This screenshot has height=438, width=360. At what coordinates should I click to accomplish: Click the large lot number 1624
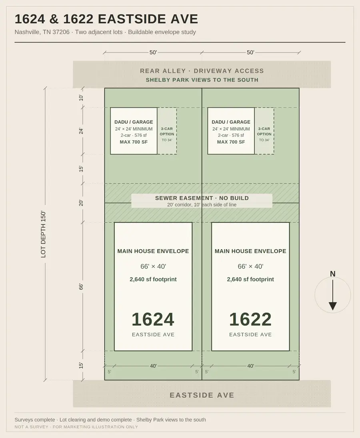click(x=153, y=319)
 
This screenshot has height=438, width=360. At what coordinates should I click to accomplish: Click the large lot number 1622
click(x=250, y=319)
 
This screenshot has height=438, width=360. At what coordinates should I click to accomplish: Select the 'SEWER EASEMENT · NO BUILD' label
click(x=202, y=198)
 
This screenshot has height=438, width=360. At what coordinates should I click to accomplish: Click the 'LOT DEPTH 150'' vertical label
click(x=43, y=234)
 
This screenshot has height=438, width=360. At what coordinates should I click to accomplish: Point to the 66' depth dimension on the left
click(x=81, y=286)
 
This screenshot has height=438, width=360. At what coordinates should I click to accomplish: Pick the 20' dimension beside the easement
click(x=81, y=203)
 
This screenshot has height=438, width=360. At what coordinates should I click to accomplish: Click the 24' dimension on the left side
click(x=81, y=131)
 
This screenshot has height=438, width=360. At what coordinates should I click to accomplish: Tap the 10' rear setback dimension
click(x=81, y=98)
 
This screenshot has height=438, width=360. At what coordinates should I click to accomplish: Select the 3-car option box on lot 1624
click(x=167, y=131)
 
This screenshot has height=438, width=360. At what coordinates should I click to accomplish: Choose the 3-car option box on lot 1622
click(x=264, y=131)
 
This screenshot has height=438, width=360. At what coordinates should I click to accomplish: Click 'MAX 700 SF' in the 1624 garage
click(x=134, y=142)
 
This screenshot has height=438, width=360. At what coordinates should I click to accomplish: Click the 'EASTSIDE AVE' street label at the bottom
click(x=202, y=395)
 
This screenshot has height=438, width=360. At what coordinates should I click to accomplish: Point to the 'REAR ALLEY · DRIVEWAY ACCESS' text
click(x=202, y=71)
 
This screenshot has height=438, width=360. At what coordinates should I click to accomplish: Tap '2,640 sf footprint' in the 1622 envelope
click(x=250, y=279)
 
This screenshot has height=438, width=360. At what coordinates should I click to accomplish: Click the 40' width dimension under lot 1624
click(x=153, y=366)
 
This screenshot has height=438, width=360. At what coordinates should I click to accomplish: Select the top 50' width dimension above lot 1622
click(x=250, y=52)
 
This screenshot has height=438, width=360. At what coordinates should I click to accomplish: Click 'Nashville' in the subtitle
click(x=27, y=32)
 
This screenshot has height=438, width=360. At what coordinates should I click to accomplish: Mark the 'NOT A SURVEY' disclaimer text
click(x=31, y=427)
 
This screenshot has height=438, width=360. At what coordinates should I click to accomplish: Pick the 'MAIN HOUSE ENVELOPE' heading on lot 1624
click(x=153, y=251)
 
